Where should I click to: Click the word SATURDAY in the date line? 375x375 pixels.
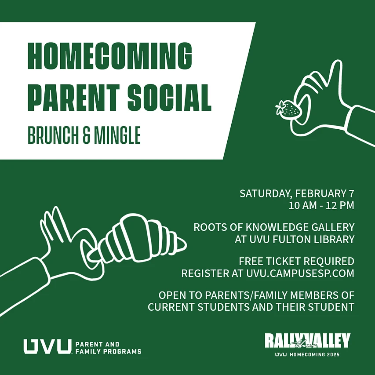tap(265, 194)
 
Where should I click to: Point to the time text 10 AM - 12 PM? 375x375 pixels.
tap(321, 205)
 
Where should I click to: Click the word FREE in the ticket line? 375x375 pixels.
tap(251, 262)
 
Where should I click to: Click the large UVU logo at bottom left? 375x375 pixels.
tap(47, 346)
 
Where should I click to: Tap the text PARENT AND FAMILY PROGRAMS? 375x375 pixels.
tap(108, 347)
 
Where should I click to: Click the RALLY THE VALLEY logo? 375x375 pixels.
tap(307, 341)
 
